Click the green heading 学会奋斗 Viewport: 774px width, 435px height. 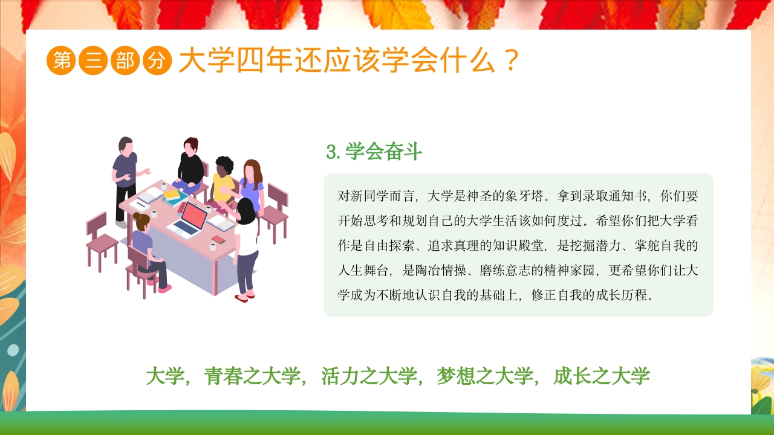383,152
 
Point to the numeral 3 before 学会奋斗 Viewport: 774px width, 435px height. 331,152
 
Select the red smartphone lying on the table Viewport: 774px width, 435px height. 218,240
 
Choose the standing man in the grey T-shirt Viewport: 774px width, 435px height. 125,175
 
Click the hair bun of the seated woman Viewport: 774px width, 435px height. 138,217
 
